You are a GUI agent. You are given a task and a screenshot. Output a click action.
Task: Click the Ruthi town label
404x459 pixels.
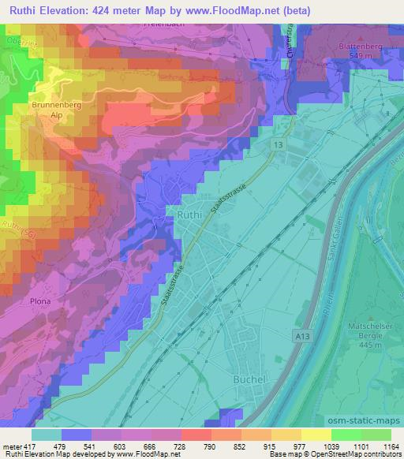pos(192,213)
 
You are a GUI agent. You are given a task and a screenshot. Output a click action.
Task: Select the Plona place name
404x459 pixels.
pos(41,301)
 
